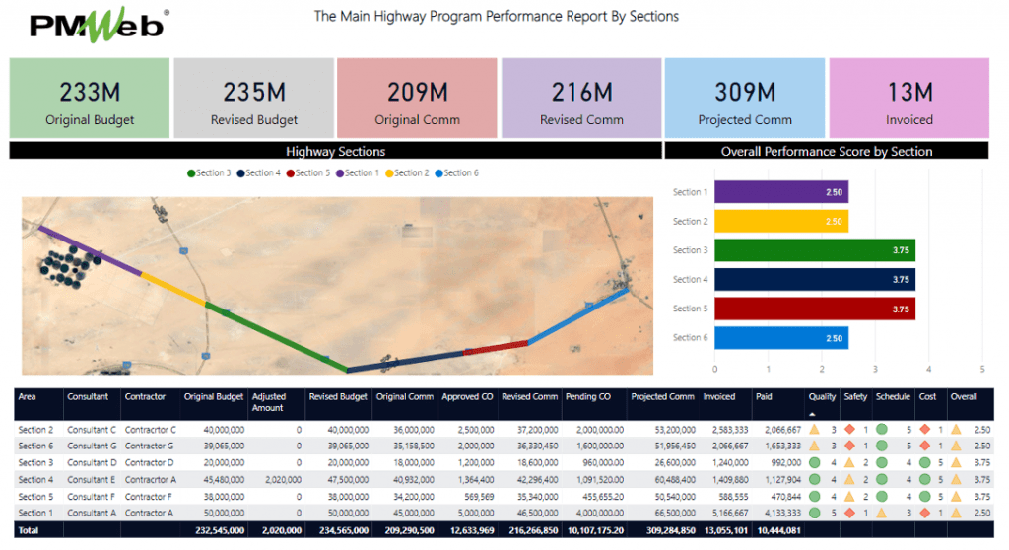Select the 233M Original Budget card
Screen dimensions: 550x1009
pos(90,99)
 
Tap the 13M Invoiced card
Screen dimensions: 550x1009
pos(908,99)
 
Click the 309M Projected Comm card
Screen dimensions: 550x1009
pos(745,99)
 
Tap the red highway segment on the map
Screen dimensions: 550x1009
pos(496,346)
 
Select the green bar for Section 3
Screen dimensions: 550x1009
pos(814,250)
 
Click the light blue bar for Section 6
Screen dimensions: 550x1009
pos(780,338)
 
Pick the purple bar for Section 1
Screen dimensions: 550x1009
pos(780,192)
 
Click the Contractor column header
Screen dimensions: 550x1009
pos(145,396)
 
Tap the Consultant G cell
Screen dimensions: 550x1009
pos(92,446)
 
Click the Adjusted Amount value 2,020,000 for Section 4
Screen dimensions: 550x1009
pos(279,480)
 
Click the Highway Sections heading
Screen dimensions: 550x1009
pos(335,152)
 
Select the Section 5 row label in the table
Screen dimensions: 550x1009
pos(35,497)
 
